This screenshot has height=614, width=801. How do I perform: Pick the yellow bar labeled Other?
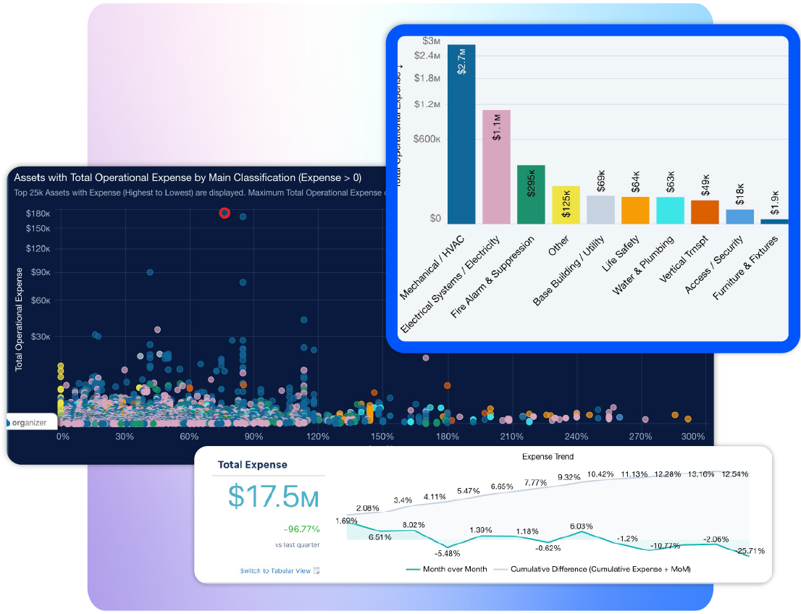[566, 206]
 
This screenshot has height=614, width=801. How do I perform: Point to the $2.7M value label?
[462, 62]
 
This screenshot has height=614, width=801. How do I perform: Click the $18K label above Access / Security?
[739, 194]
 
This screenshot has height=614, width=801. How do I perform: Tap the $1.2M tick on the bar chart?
[427, 104]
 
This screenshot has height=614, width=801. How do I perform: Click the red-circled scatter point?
[225, 213]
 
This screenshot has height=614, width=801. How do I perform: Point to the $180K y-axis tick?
[38, 214]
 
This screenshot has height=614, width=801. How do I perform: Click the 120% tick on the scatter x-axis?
[318, 437]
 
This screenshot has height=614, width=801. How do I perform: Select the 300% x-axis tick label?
[692, 437]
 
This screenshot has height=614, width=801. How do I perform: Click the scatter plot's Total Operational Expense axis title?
[19, 319]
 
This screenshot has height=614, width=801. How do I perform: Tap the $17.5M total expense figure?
[273, 497]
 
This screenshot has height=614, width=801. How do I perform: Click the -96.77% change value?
[301, 529]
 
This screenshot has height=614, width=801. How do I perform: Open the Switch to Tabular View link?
[275, 571]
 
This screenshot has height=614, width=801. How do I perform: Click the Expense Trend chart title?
[548, 457]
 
